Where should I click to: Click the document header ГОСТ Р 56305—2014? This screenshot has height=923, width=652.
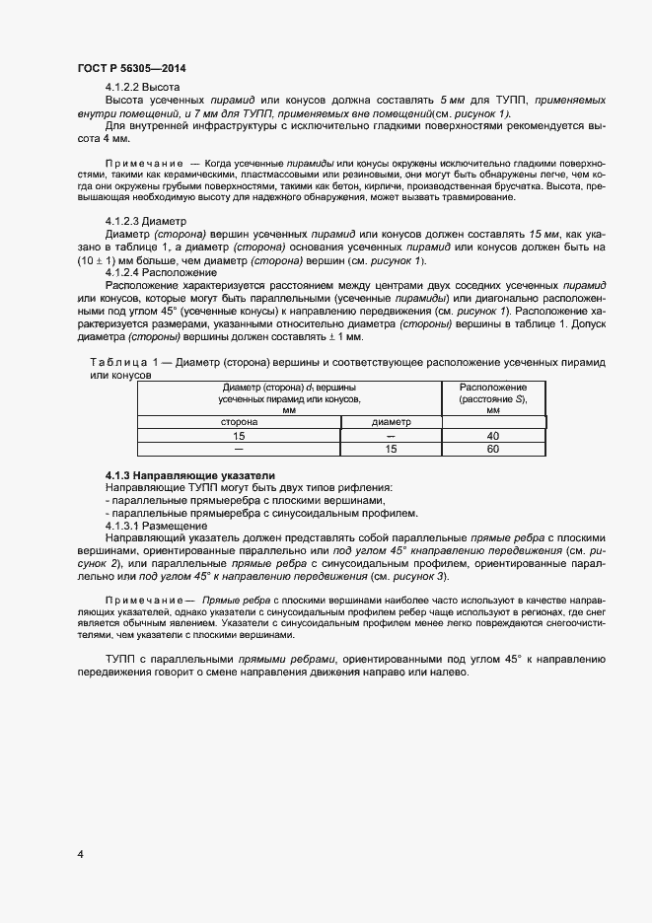(x=130, y=68)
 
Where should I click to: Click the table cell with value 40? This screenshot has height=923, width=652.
(x=493, y=435)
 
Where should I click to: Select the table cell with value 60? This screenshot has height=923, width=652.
(x=493, y=449)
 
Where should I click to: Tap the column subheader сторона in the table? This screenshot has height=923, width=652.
(x=239, y=421)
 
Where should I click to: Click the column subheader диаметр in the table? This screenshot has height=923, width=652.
(x=391, y=421)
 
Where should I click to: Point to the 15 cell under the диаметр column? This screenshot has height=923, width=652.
(x=391, y=449)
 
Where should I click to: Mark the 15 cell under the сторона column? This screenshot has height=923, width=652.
(x=239, y=435)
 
